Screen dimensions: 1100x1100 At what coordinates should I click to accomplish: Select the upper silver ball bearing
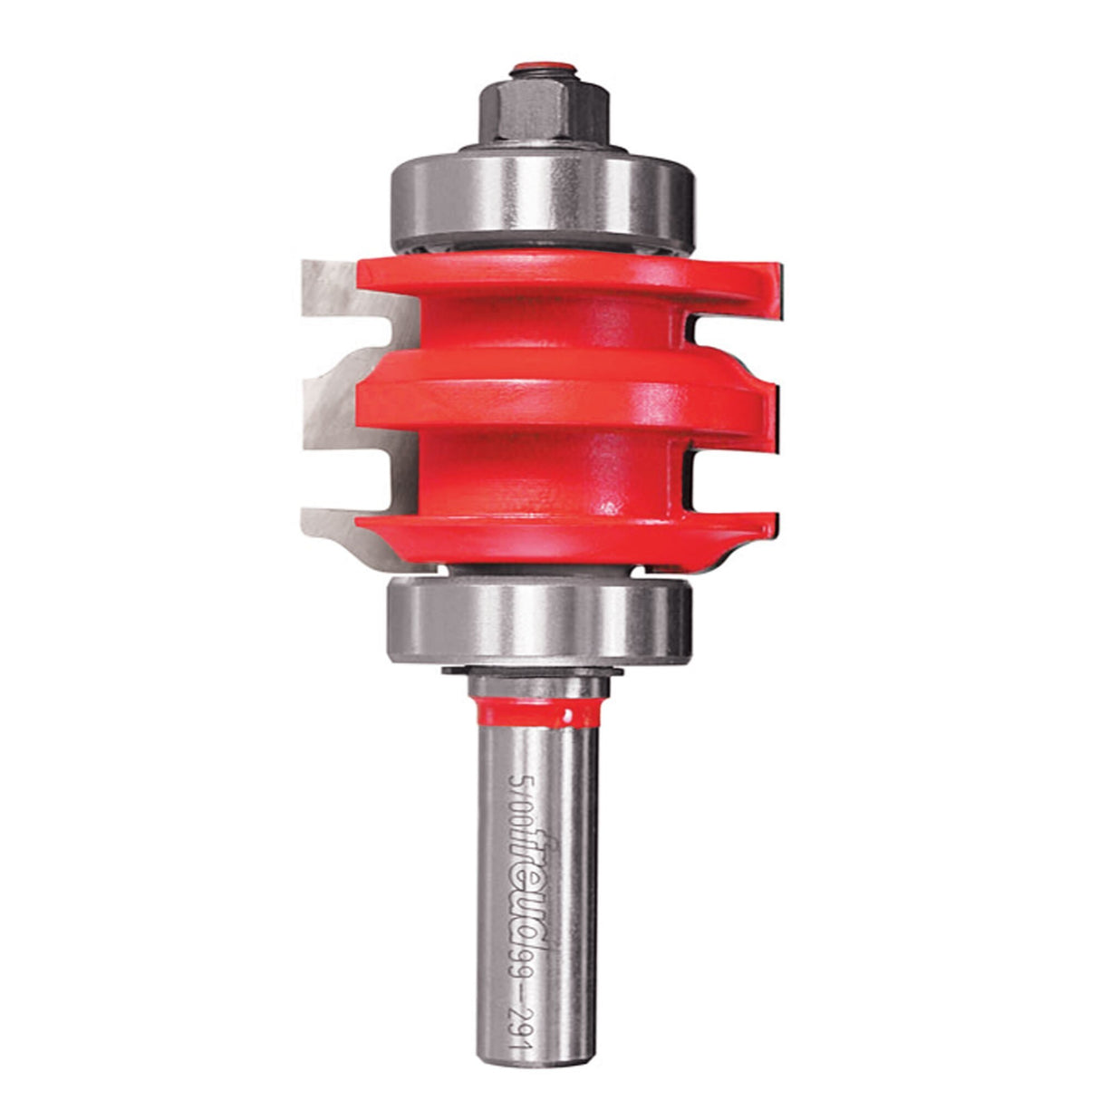point(541,203)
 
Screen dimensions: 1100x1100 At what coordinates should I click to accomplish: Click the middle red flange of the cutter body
point(544,394)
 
